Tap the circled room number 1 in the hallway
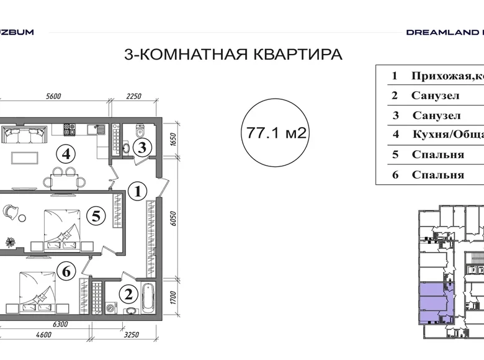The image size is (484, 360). [138, 191]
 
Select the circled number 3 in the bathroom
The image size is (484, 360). [142, 148]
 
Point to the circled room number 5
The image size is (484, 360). [95, 216]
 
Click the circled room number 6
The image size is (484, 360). [68, 270]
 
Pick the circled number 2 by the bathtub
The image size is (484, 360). [128, 295]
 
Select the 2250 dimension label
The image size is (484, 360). [133, 96]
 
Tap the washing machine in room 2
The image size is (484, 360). [110, 308]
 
